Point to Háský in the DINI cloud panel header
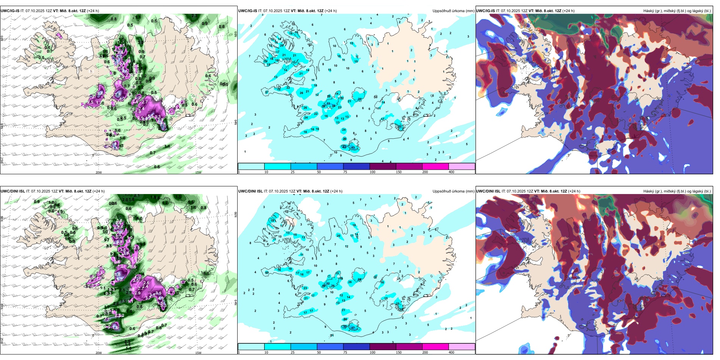coord(649,191)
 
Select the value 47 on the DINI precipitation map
coord(353,328)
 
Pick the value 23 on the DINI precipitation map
coord(305,288)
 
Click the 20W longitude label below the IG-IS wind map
coord(99,172)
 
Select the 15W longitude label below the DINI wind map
coord(198,353)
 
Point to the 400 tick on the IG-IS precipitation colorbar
coord(451,172)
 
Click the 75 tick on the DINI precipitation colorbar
coord(345,352)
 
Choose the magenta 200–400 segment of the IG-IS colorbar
coord(435,166)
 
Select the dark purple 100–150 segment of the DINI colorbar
coord(383,347)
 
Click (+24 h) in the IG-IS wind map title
coord(93,11)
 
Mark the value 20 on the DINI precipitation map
coord(338,236)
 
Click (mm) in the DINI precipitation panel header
coord(470,191)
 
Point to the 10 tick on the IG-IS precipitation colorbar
coord(266,172)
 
